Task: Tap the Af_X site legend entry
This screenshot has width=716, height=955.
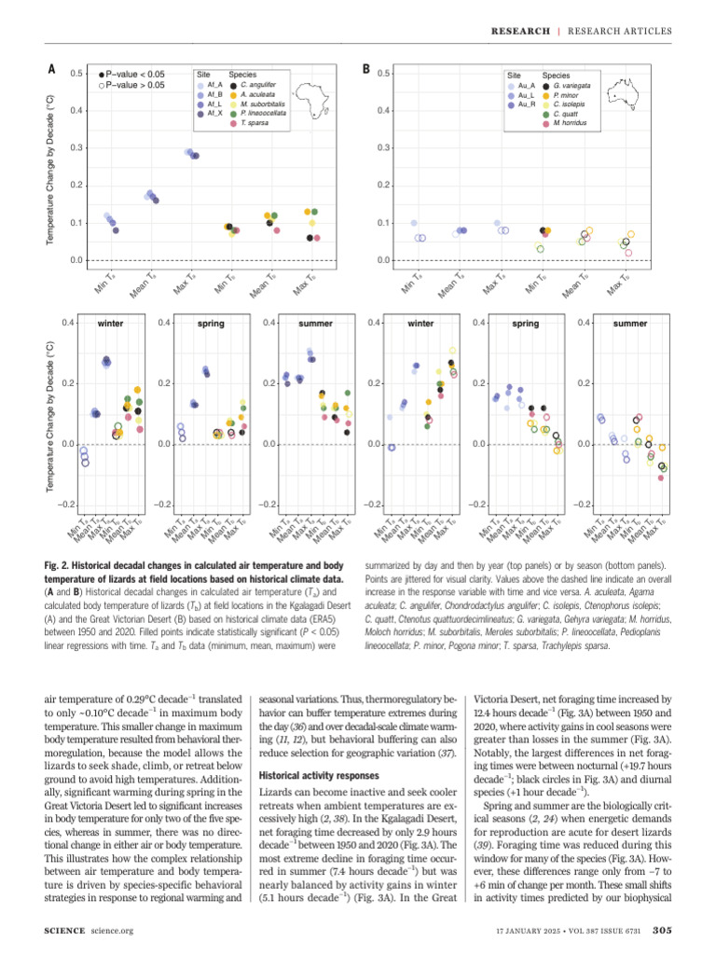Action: point(211,113)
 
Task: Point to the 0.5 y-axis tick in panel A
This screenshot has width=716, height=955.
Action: point(77,74)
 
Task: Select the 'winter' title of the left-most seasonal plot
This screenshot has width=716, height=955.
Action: point(111,324)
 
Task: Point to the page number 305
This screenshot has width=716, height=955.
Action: point(663,929)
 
